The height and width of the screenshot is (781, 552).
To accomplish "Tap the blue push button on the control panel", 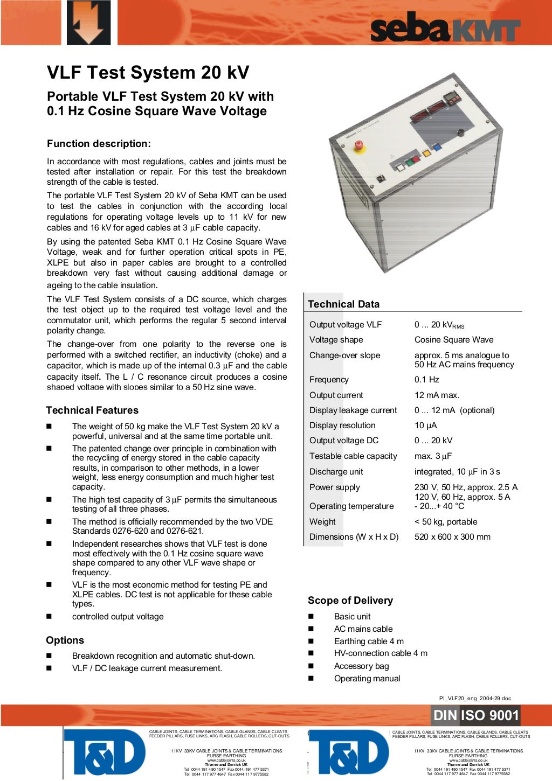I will click(x=437, y=147).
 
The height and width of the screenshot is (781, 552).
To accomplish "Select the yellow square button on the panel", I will click(x=426, y=153).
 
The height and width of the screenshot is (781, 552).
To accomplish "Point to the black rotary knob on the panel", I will click(x=460, y=133).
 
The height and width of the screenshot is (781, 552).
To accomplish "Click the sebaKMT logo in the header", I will click(x=445, y=28).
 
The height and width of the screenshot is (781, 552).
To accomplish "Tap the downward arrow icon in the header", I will click(x=88, y=23).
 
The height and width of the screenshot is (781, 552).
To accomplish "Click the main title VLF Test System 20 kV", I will click(x=148, y=73).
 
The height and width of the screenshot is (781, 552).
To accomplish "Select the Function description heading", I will click(x=99, y=144).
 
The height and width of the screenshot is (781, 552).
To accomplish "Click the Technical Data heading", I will click(x=343, y=304).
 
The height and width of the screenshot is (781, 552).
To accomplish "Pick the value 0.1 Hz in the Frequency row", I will click(x=426, y=380).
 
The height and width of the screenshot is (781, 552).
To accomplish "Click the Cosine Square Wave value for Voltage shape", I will click(x=454, y=340).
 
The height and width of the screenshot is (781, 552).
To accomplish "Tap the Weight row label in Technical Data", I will click(x=322, y=522).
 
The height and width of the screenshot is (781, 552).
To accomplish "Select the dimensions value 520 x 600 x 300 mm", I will click(x=452, y=537).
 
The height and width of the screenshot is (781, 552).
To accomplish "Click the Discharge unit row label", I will click(x=336, y=472).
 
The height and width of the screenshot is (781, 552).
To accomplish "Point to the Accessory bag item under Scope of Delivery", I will click(x=361, y=666).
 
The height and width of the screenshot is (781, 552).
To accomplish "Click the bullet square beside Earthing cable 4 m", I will click(x=311, y=641).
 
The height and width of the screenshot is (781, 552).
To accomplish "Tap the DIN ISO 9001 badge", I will click(x=475, y=715).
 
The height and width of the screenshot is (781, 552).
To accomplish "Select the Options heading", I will click(x=65, y=640).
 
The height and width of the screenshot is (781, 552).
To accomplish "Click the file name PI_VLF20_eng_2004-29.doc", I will click(x=475, y=698).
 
